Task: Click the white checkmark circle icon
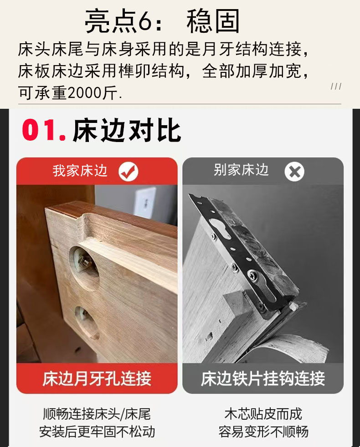click(x=129, y=172)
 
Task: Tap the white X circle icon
click(x=294, y=172)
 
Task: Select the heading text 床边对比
click(x=127, y=130)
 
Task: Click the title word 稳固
click(x=213, y=21)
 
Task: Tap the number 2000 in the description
click(x=85, y=93)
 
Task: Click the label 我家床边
click(x=80, y=171)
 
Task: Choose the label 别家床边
click(x=241, y=170)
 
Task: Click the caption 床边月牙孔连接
click(x=97, y=378)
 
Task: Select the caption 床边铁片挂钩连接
click(x=263, y=378)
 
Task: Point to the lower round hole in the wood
click(x=87, y=322)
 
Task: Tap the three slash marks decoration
click(x=336, y=86)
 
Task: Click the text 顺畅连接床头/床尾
click(x=97, y=414)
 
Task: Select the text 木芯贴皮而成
click(x=263, y=414)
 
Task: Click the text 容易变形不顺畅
click(x=263, y=432)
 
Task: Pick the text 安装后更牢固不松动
click(x=97, y=432)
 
